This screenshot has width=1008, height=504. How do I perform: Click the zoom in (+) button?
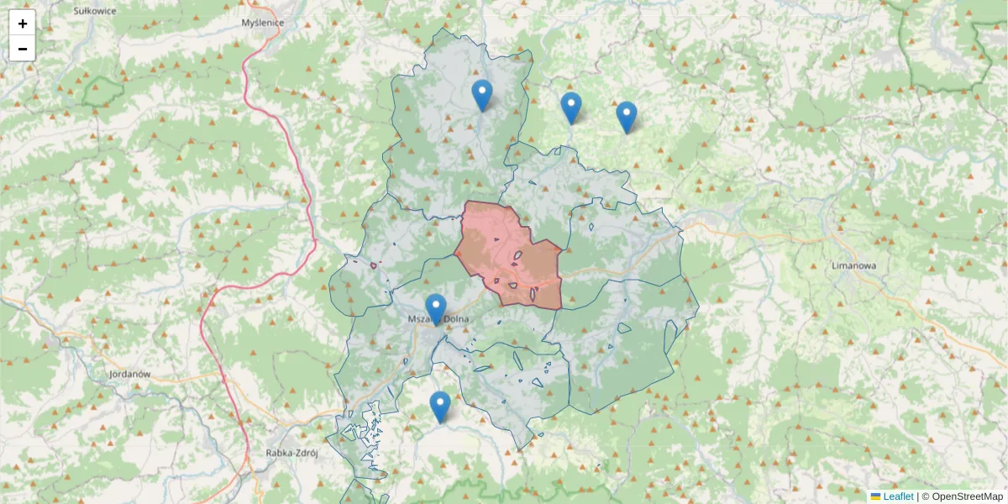tap(23, 24)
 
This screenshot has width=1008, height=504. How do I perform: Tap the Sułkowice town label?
tap(93, 11)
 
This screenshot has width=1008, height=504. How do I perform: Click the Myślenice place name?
tap(262, 24)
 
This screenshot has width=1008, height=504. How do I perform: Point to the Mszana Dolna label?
tap(438, 319)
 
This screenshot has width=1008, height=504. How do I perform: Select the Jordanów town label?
tap(129, 373)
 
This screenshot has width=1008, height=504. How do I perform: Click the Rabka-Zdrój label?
tap(291, 452)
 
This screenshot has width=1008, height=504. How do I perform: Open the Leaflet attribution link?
tap(898, 496)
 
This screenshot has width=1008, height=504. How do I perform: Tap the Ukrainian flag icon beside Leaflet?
tap(875, 496)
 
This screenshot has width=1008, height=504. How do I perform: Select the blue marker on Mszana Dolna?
tap(435, 309)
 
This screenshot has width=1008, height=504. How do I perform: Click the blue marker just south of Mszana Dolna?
tap(440, 407)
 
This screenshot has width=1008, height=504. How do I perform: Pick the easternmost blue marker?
tap(627, 117)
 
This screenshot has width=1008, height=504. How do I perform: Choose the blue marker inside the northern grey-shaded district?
tap(481, 95)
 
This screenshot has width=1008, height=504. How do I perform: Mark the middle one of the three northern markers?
tap(571, 108)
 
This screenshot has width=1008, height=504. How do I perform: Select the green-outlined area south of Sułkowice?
tap(102, 91)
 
